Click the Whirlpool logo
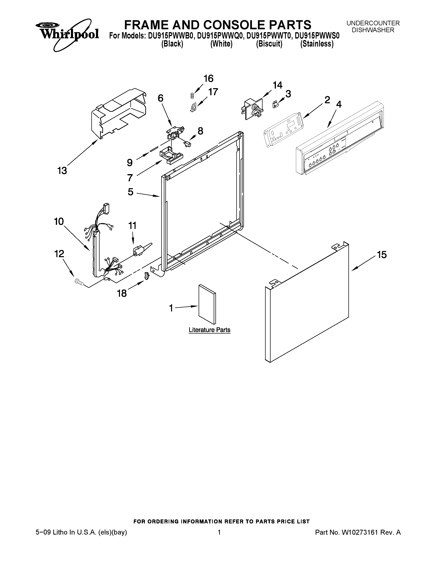point(67,33)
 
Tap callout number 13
point(62,171)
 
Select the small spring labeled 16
point(192,96)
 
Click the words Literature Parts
point(209,330)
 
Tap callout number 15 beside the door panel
point(382,255)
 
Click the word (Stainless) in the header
point(317,44)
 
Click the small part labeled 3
point(275,104)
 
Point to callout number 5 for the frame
point(130,192)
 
